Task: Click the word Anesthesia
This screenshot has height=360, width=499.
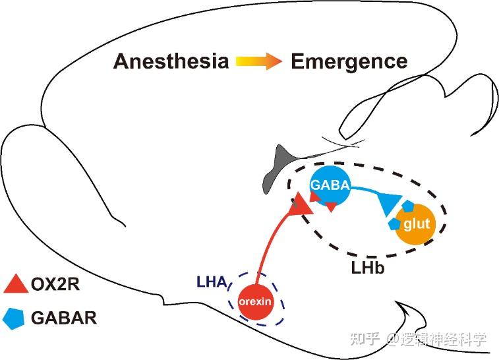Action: [171, 61]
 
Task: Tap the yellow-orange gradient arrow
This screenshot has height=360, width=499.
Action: [259, 61]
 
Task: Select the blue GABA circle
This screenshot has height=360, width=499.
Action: [330, 186]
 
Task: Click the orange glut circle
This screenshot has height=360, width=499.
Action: [415, 224]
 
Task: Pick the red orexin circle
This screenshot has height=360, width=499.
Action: [256, 301]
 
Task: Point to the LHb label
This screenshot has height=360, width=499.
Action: [368, 268]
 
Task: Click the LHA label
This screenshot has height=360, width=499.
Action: [212, 282]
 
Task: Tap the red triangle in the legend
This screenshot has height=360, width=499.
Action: [16, 284]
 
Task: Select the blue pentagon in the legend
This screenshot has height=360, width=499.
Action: [13, 318]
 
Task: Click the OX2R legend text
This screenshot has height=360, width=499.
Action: [55, 284]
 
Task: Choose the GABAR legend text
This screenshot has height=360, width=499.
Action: [64, 318]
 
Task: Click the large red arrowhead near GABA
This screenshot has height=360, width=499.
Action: [300, 205]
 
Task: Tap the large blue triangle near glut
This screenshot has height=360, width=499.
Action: [389, 203]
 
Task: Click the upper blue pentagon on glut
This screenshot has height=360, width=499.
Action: [407, 206]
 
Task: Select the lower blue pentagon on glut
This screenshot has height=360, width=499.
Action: [395, 224]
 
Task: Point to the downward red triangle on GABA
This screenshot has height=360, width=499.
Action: [331, 206]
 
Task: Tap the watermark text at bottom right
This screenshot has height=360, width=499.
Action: [419, 340]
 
